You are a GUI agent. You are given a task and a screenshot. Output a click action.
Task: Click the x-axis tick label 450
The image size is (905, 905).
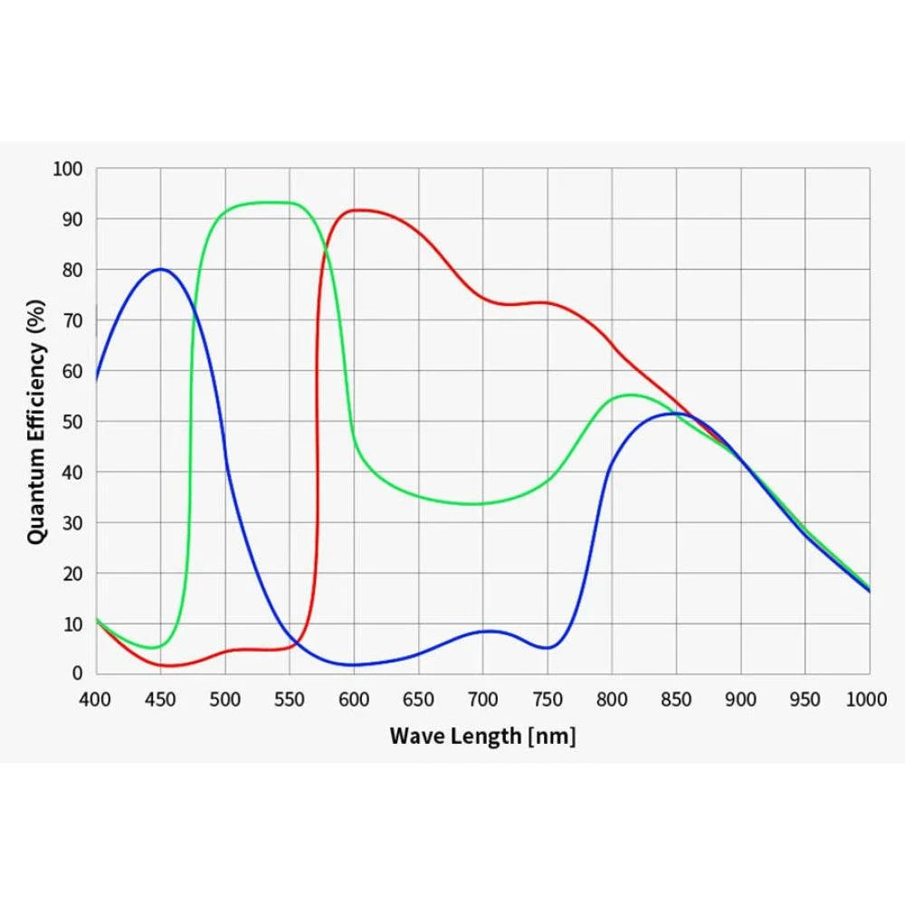pyautogui.click(x=160, y=699)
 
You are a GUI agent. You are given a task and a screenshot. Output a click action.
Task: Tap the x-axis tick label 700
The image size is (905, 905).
pyautogui.click(x=482, y=699)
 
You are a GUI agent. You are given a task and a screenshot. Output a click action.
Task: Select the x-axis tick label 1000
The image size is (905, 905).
pyautogui.click(x=866, y=699)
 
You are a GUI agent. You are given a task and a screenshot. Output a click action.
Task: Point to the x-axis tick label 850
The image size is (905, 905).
pyautogui.click(x=676, y=699)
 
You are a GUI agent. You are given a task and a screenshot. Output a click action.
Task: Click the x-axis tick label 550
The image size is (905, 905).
pyautogui.click(x=290, y=699)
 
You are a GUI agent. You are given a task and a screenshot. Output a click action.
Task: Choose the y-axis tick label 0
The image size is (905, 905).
pyautogui.click(x=77, y=674)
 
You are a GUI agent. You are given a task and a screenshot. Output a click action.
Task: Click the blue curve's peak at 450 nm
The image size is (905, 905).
pyautogui.click(x=160, y=269)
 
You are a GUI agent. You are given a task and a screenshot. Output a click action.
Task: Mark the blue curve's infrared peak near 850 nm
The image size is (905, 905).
pyautogui.click(x=676, y=413)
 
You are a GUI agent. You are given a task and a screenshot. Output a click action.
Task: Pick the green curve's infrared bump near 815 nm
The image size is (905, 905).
pyautogui.click(x=631, y=395)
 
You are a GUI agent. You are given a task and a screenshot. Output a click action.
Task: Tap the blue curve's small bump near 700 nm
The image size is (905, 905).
pyautogui.click(x=487, y=631)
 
